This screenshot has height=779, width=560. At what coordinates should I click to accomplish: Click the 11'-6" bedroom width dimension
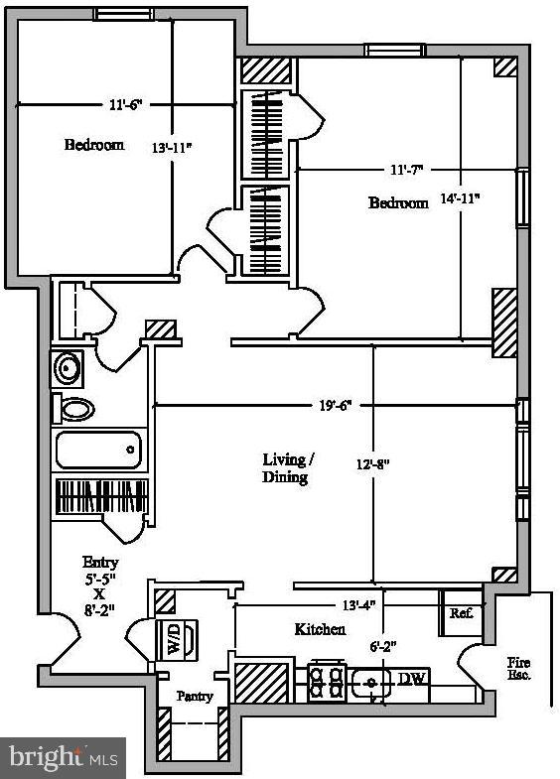126,103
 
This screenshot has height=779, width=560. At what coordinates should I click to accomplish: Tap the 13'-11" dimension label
172,147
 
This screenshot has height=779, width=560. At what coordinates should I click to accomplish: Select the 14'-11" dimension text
461,198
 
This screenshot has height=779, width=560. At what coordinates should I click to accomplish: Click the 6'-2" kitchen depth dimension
382,646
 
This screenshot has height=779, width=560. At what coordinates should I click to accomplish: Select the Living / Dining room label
287,467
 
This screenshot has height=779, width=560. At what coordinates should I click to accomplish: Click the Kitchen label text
320,629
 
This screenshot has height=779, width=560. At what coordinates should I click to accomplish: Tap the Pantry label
195,696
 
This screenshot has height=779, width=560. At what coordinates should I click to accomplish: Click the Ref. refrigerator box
461,613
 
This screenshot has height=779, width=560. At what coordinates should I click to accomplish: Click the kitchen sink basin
370,683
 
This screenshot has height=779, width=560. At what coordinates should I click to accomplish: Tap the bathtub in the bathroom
98,452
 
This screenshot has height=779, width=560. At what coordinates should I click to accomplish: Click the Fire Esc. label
518,668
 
